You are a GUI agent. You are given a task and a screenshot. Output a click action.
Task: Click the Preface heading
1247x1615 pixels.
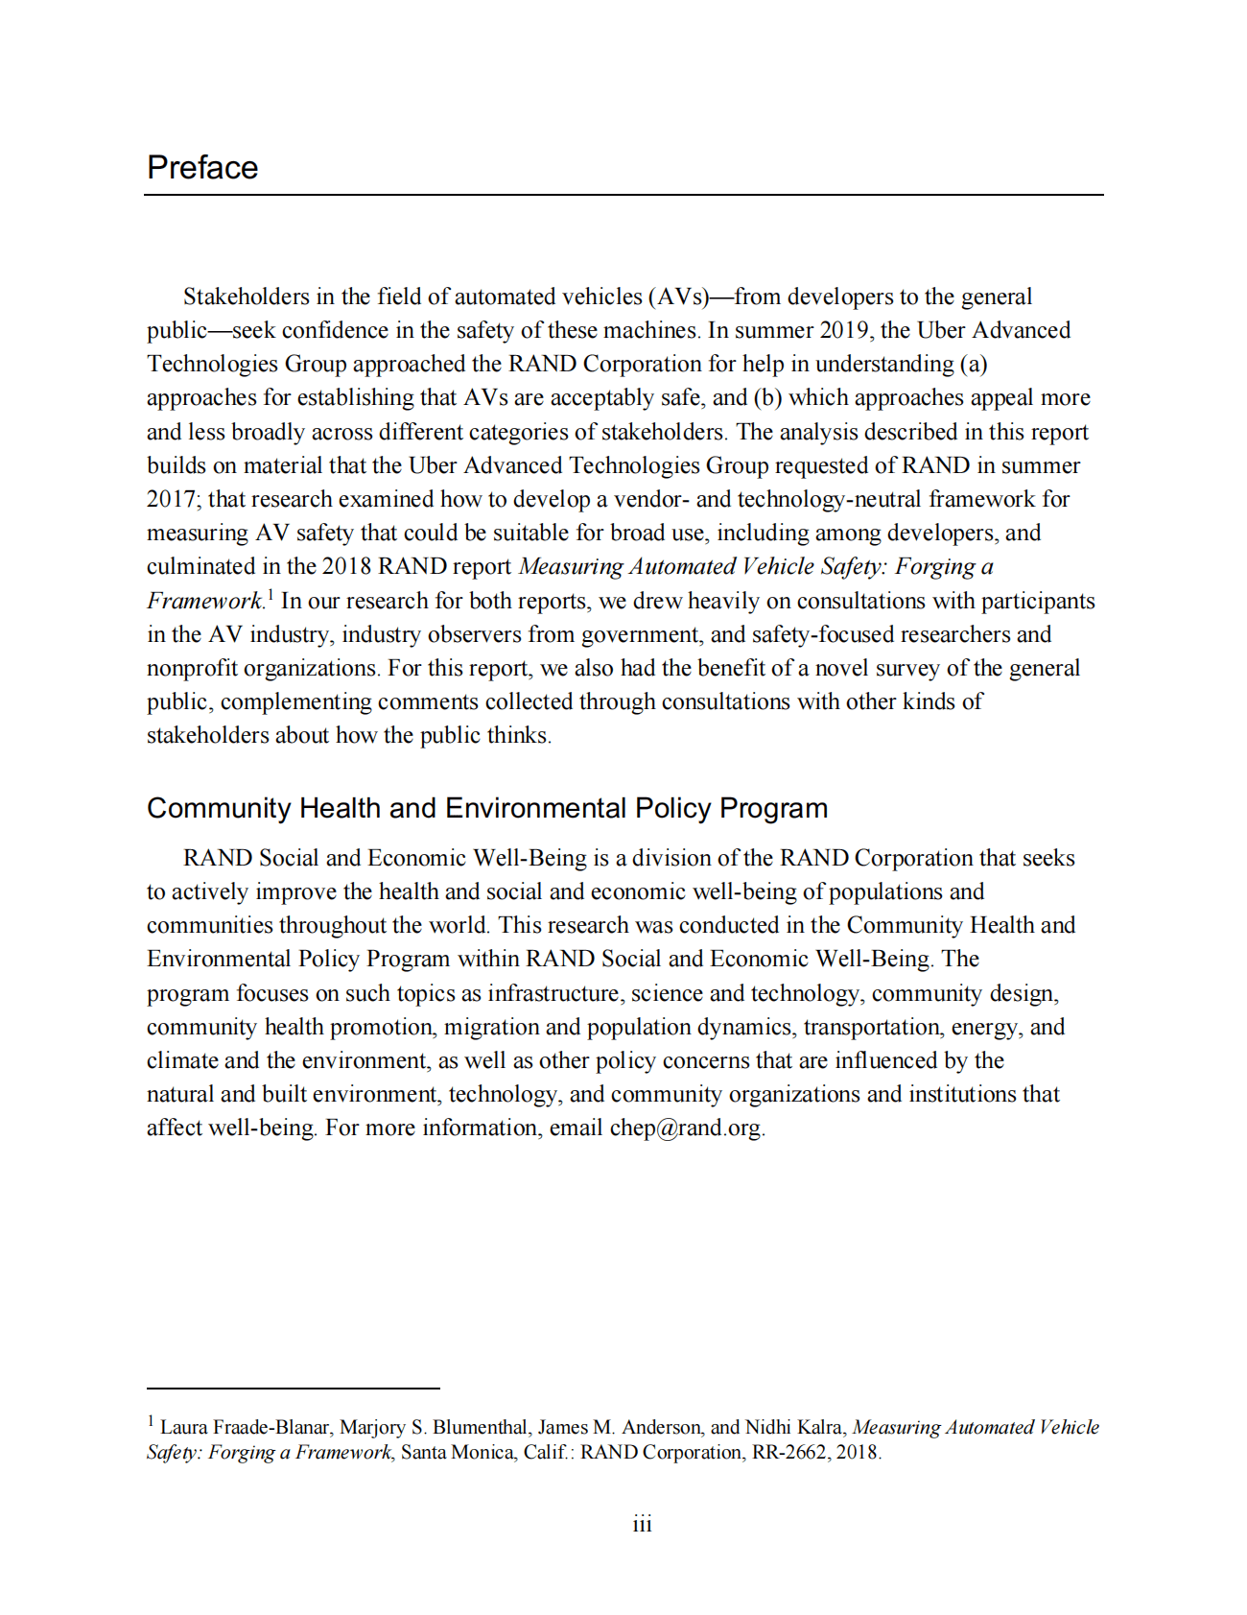pos(202,168)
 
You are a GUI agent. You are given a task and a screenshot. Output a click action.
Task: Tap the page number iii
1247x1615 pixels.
pos(642,1524)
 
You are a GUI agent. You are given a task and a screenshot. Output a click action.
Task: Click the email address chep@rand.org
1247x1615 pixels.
pos(686,1128)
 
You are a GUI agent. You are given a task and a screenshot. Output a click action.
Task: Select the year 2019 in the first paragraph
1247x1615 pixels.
pos(844,330)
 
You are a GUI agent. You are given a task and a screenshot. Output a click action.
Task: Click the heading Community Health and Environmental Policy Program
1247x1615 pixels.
pos(486,808)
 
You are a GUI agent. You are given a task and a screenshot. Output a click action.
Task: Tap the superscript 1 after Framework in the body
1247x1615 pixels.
pos(271,595)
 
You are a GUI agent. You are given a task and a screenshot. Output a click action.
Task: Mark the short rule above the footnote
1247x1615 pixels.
pos(293,1388)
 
